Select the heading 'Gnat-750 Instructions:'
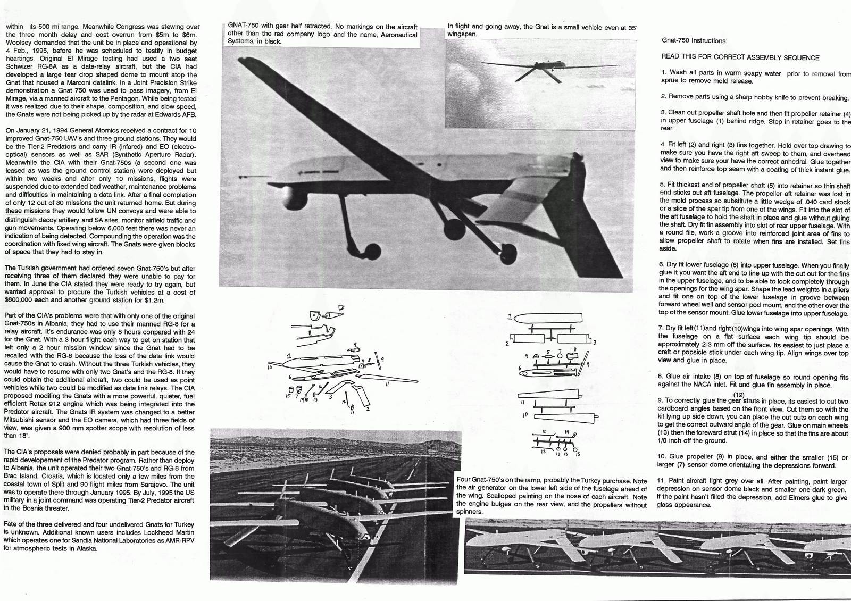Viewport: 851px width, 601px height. [x=694, y=40]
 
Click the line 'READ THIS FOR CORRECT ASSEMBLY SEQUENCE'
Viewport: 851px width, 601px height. [x=740, y=57]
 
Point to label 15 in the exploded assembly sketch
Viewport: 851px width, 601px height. [x=288, y=396]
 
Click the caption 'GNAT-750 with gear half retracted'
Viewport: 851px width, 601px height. [x=322, y=34]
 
